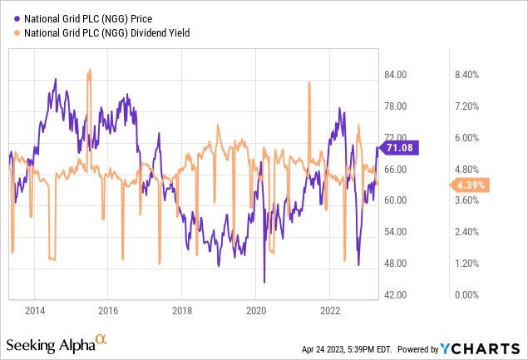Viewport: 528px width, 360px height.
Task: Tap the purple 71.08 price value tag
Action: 407,148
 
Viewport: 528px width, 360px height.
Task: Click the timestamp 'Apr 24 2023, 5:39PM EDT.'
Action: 355,345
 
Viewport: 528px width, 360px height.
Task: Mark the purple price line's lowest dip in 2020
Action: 264,283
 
